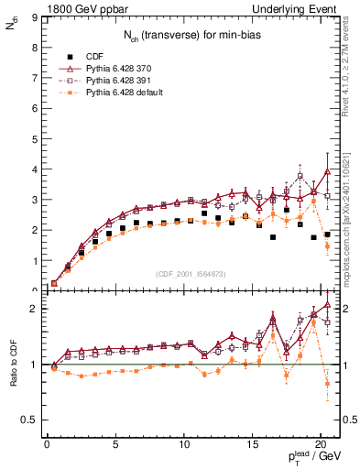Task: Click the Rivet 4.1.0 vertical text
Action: [352, 70]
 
